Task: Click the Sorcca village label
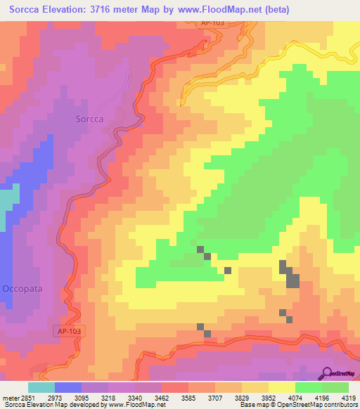pos(89,119)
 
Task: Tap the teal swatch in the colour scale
pos(41,387)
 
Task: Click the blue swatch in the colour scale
pos(68,387)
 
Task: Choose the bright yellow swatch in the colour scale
pos(281,387)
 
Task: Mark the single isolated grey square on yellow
pos(228,270)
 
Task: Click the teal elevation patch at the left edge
pos(6,204)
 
